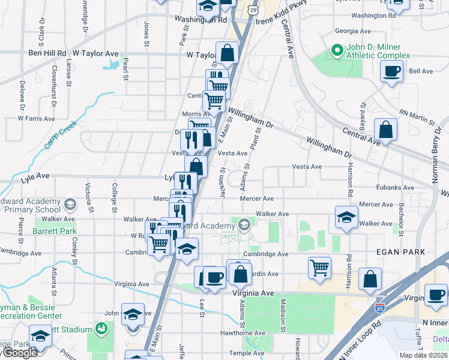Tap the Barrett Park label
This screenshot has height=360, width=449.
(x=55, y=230)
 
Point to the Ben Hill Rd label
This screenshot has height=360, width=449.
(x=47, y=53)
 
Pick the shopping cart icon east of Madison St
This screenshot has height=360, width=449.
(x=319, y=268)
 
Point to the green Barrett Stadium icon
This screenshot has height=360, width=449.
(x=101, y=329)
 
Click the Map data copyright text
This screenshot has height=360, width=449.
(x=424, y=355)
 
